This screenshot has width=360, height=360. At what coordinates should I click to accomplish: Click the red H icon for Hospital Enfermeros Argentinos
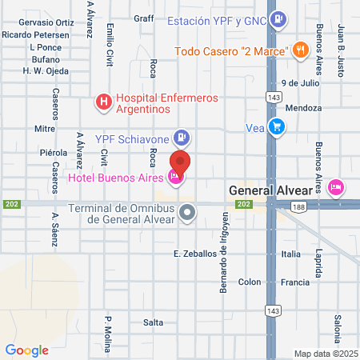(x=103, y=102)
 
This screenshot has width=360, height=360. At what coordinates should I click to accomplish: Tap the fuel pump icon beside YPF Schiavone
(x=183, y=138)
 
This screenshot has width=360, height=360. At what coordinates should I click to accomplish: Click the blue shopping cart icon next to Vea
(x=277, y=126)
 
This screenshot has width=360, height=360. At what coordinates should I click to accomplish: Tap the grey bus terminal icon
(x=187, y=213)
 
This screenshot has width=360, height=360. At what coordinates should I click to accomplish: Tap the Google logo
(x=26, y=350)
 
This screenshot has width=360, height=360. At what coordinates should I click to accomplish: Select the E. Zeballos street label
(x=195, y=254)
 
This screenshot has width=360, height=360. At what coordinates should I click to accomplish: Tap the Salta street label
(x=153, y=322)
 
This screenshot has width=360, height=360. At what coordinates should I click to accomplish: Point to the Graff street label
(x=144, y=18)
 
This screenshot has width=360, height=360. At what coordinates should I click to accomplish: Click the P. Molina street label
(x=107, y=330)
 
